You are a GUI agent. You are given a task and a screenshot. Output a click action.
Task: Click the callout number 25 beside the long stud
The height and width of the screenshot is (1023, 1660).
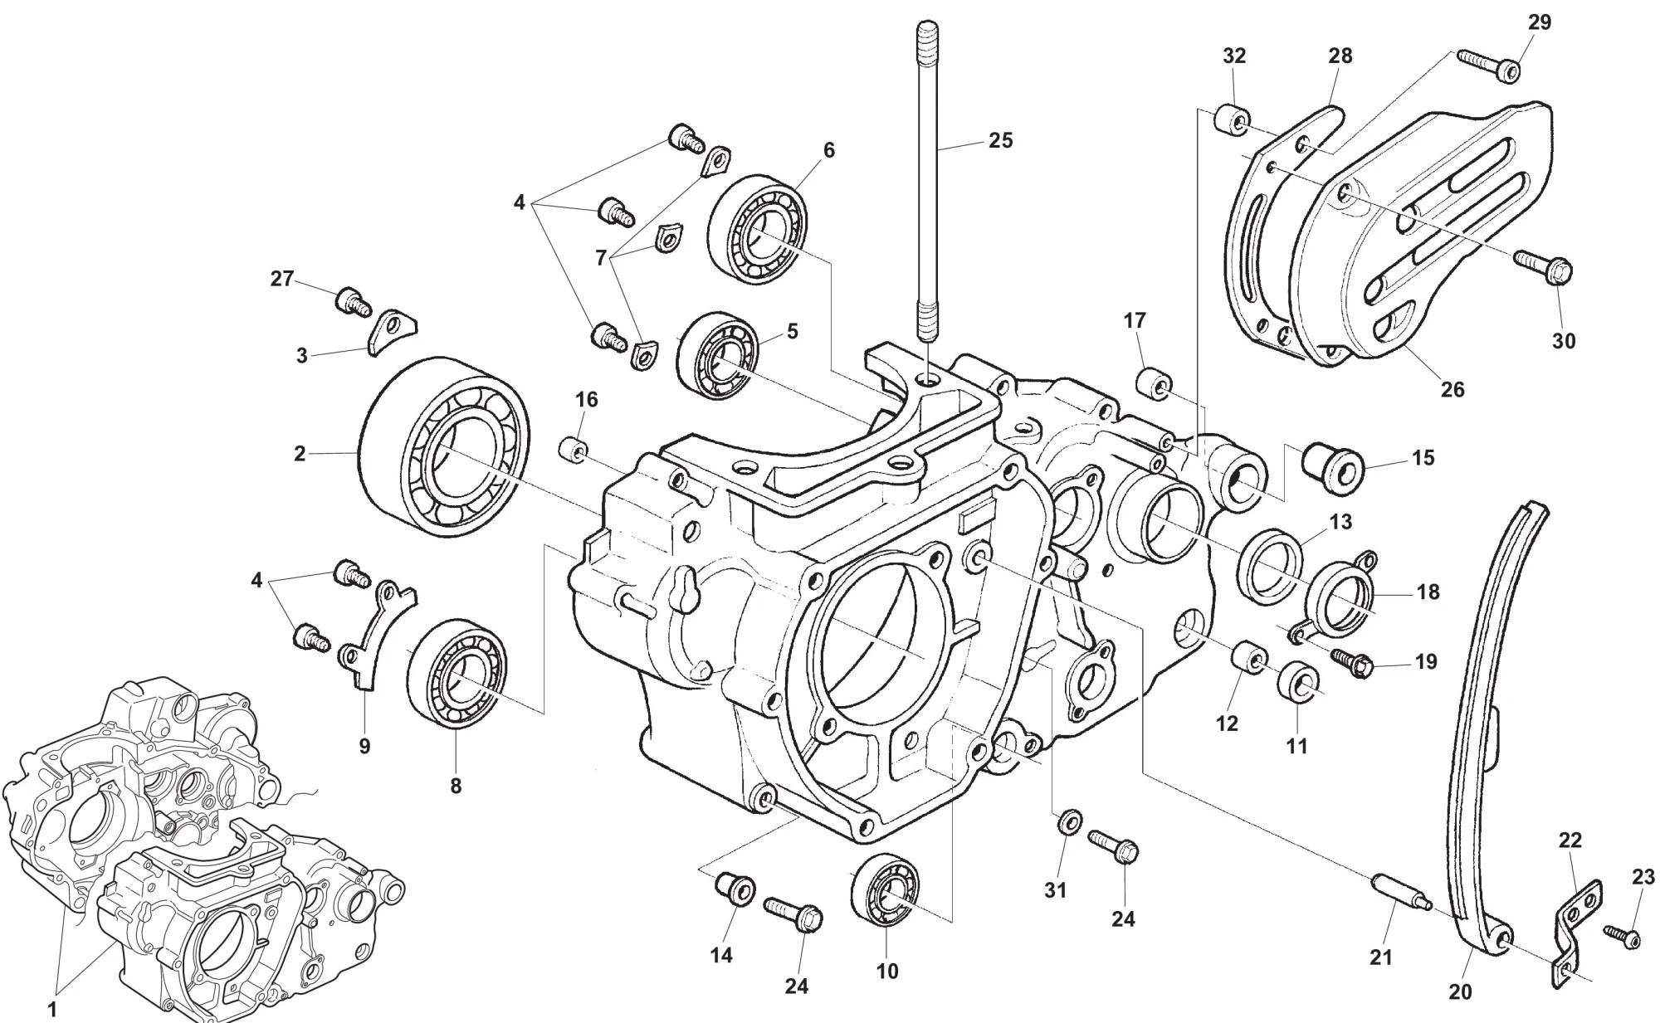pyautogui.click(x=1001, y=140)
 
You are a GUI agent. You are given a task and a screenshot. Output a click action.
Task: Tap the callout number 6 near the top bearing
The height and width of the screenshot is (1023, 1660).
pyautogui.click(x=828, y=150)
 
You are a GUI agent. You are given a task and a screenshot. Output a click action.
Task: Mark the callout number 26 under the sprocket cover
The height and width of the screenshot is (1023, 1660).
pyautogui.click(x=1452, y=388)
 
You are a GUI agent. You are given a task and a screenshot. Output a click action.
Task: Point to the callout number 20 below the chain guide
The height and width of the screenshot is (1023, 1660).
pyautogui.click(x=1460, y=991)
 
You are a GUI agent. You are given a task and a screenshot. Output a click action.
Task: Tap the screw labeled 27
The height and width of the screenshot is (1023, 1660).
pyautogui.click(x=353, y=301)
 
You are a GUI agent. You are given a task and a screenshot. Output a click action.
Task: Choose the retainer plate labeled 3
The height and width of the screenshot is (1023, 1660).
pyautogui.click(x=389, y=330)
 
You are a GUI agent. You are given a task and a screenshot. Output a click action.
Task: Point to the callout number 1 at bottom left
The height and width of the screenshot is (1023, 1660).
pyautogui.click(x=52, y=1010)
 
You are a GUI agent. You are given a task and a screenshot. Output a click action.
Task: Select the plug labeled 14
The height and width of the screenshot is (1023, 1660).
pyautogui.click(x=734, y=889)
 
